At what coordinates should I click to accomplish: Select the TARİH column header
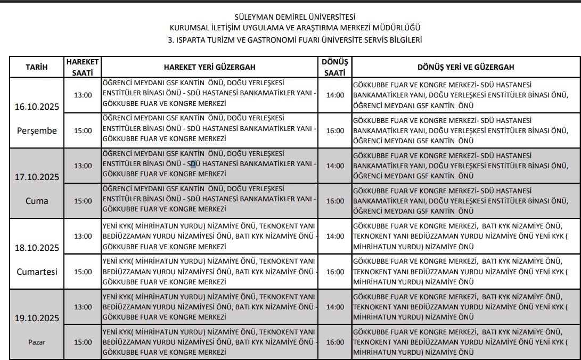37,67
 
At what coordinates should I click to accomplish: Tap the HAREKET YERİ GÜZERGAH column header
209,67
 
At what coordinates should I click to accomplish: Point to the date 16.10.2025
37,107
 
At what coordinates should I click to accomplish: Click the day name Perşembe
37,130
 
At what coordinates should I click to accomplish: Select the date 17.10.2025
37,177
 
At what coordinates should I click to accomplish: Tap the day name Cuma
37,201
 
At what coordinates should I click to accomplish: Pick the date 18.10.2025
37,248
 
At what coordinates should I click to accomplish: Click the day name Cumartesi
37,272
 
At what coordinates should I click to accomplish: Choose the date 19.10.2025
37,318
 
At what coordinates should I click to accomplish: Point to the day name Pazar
37,342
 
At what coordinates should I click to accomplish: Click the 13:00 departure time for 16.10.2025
83,95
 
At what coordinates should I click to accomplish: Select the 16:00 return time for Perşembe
335,130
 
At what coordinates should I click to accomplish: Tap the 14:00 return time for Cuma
335,166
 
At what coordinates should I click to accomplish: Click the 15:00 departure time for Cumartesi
83,272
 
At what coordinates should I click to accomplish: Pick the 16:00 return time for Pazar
335,342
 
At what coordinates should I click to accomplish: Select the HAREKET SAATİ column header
83,67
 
